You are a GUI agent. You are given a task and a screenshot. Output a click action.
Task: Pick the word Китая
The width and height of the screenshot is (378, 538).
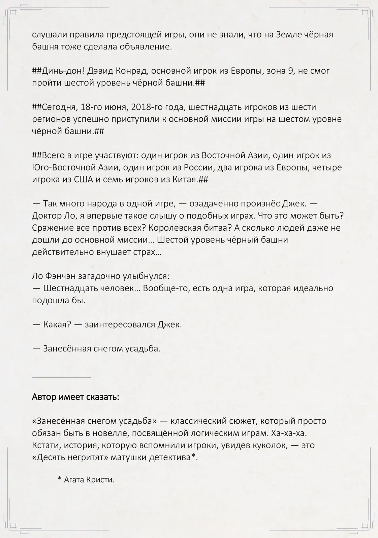[185, 180]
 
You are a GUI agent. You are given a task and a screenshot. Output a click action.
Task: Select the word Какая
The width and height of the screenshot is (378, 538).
[57, 325]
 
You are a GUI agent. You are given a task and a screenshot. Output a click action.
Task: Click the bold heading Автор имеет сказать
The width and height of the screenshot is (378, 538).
[75, 397]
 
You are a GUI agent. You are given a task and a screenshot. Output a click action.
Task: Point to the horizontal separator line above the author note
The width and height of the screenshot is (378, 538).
[61, 377]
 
